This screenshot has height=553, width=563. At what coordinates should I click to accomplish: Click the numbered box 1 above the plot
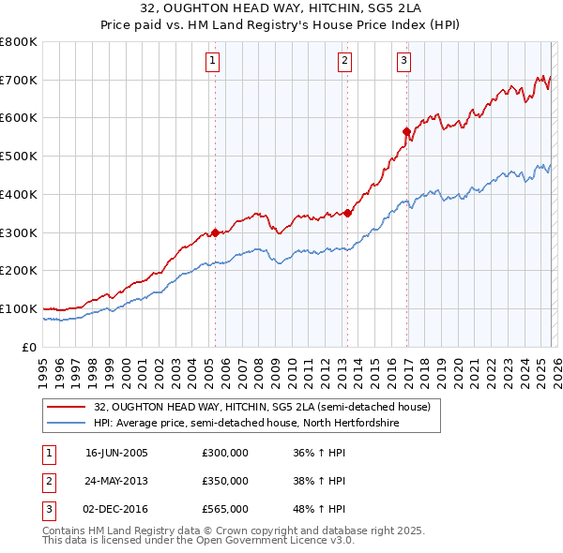click(x=214, y=62)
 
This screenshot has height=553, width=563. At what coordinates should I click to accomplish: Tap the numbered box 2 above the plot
click(x=345, y=62)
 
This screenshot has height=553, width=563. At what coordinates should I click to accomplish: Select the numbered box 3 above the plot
click(x=404, y=62)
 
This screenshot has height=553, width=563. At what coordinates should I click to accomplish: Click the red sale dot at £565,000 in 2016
click(x=406, y=131)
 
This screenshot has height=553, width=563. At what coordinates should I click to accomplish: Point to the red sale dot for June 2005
click(x=215, y=232)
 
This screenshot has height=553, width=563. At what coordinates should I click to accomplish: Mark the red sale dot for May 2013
click(x=347, y=213)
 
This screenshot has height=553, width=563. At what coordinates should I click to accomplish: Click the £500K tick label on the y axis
click(x=19, y=157)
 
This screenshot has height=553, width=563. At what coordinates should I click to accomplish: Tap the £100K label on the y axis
click(x=19, y=308)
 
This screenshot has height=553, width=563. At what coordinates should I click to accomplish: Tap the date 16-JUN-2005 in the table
click(x=116, y=454)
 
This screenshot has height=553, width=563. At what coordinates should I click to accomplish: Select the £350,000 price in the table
click(x=225, y=481)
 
